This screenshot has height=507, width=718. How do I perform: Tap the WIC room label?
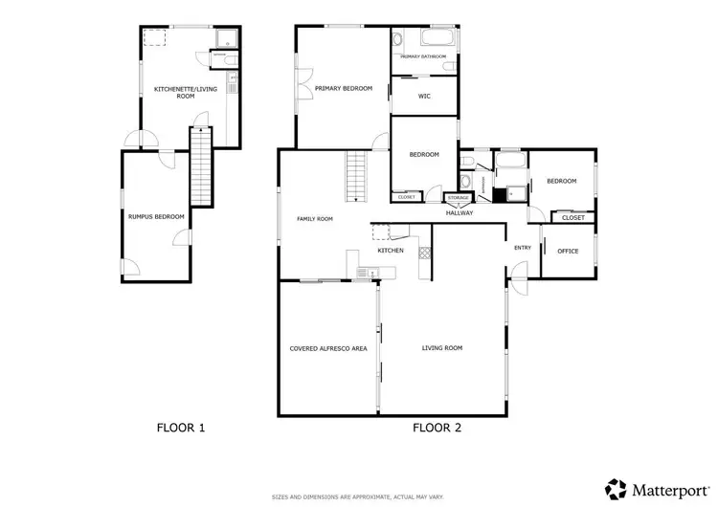point(424,96)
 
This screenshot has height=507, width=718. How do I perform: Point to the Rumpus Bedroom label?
point(150,217)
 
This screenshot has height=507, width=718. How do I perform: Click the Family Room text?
point(314,219)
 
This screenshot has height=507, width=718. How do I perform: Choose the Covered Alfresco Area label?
point(328,348)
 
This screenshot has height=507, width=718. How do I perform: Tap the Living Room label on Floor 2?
point(442,348)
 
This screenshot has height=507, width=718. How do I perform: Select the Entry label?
point(522,248)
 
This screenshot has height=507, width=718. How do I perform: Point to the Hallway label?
point(460,213)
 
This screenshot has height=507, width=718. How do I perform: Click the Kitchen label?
point(390,251)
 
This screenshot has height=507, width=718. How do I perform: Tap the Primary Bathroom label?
point(424,57)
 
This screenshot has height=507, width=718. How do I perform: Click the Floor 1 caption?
point(181,428)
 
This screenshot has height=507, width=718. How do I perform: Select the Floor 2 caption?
point(438,428)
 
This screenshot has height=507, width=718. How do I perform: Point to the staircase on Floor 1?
point(199,167)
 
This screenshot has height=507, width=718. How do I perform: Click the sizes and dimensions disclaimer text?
point(359,497)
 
